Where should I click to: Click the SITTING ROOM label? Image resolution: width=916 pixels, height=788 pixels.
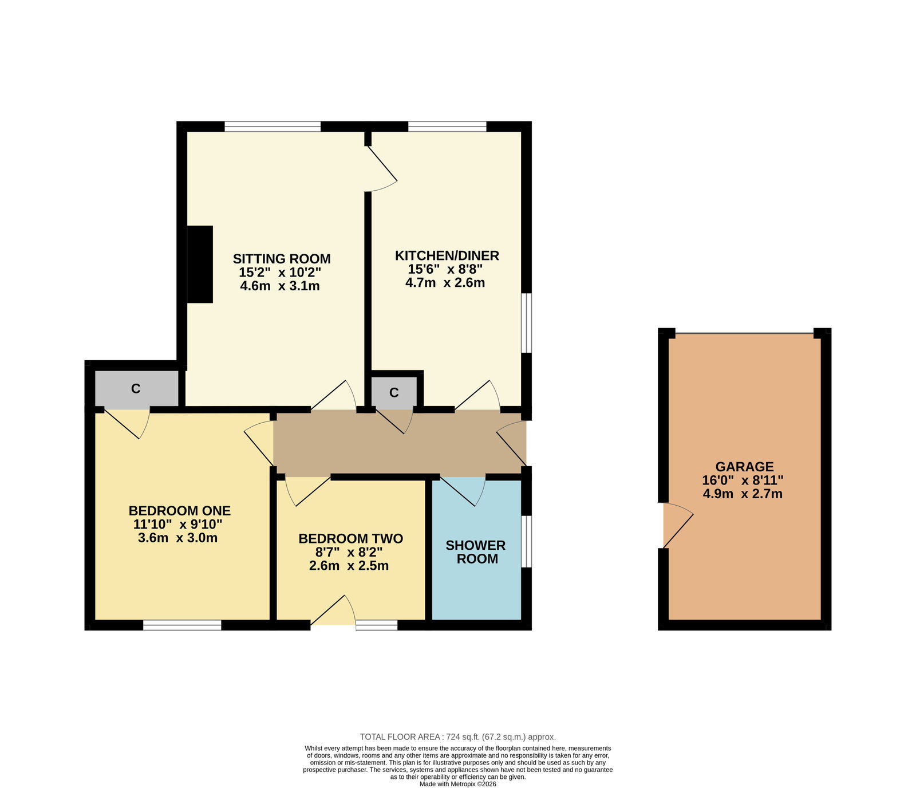[x=282, y=259]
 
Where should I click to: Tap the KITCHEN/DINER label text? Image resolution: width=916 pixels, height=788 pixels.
[x=447, y=255]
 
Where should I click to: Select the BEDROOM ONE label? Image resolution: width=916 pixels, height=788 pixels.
[x=180, y=511]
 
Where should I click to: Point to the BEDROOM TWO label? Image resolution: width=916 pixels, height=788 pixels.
[x=350, y=539]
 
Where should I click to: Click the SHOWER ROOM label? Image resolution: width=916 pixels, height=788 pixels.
[x=476, y=552]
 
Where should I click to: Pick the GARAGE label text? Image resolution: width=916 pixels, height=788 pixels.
[x=744, y=467]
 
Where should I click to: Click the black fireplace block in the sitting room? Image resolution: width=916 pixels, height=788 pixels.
[x=200, y=264]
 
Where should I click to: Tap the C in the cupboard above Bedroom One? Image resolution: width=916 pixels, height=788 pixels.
[x=136, y=389]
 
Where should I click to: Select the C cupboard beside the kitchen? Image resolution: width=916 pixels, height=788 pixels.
[x=394, y=392]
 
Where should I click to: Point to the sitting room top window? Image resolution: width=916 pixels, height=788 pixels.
[x=273, y=127]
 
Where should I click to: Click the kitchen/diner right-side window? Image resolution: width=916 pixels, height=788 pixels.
[x=527, y=323]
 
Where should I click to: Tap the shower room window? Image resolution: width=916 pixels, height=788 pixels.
[x=527, y=542]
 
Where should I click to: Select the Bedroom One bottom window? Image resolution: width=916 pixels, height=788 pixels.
[x=182, y=625]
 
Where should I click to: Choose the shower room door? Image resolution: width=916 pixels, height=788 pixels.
[x=463, y=491]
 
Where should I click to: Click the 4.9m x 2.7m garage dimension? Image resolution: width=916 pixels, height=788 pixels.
[x=743, y=494]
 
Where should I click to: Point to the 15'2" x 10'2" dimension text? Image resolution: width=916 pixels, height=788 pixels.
[x=280, y=273]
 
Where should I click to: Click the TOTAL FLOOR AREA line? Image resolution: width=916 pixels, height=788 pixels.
[x=457, y=737]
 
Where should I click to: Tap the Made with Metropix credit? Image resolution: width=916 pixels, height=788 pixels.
[x=458, y=784]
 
